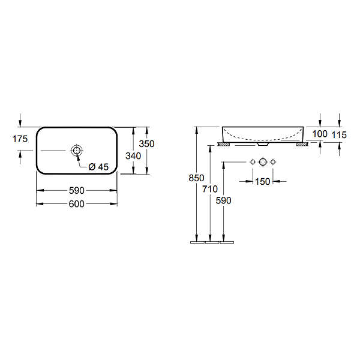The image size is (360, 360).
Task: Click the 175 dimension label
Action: point(20,139)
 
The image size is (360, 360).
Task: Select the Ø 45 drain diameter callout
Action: point(98,167)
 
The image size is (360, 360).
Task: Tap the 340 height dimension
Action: point(133,156)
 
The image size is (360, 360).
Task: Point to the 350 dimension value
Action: point(147,144)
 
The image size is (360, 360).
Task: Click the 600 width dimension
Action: point(77,204)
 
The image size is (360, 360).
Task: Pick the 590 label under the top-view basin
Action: point(77,191)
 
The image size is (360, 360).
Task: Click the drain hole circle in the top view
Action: point(77,151)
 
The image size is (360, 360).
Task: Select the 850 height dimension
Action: point(197,178)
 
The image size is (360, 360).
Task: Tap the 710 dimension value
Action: point(210,189)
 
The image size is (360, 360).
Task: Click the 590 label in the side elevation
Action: point(223,200)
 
